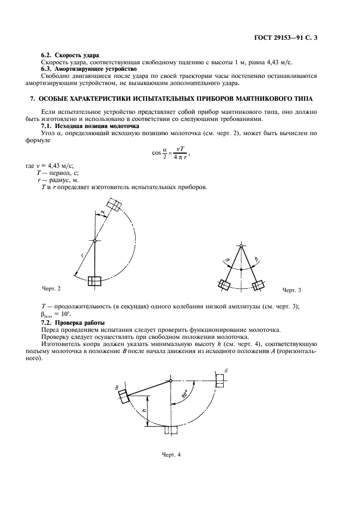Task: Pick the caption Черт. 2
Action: [x=51, y=287]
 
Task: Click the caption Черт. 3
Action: [x=291, y=289]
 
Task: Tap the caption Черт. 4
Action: [x=170, y=454]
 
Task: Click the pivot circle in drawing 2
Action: [x=95, y=241]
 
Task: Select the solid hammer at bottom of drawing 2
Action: [x=95, y=281]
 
